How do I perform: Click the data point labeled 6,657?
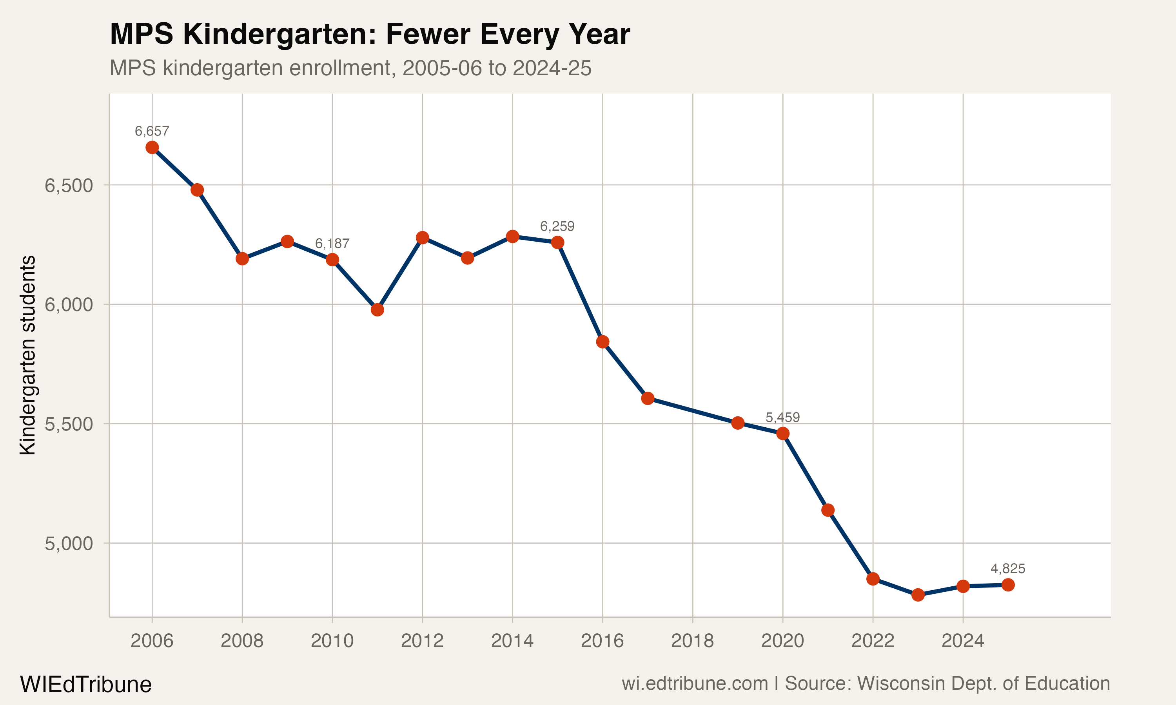pos(152,147)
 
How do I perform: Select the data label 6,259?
pos(557,226)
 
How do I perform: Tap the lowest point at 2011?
pos(377,310)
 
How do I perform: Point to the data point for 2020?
pos(783,433)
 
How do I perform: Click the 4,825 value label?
pos(1008,568)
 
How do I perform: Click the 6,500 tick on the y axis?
pos(69,185)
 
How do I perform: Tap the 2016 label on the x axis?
pos(602,641)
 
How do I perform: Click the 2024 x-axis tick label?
pos(963,641)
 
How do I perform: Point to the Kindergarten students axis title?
pos(27,355)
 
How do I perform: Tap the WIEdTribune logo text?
pos(85,685)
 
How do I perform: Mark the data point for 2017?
pos(648,398)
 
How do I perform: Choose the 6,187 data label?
pos(332,244)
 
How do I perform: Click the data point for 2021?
pos(828,510)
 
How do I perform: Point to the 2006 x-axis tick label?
pos(152,641)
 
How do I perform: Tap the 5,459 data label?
pos(782,418)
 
